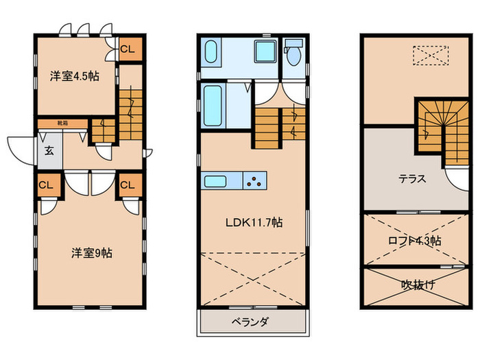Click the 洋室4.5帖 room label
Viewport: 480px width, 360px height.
coord(74,76)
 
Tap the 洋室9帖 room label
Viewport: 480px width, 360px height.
coord(92,252)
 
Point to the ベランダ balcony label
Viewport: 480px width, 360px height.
coord(250,322)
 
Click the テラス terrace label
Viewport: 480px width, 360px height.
coord(413,180)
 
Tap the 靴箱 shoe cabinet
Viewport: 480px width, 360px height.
coord(62,123)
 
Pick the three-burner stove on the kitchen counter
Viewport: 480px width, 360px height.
coord(254,182)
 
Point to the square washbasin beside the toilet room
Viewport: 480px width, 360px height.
coord(263,53)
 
